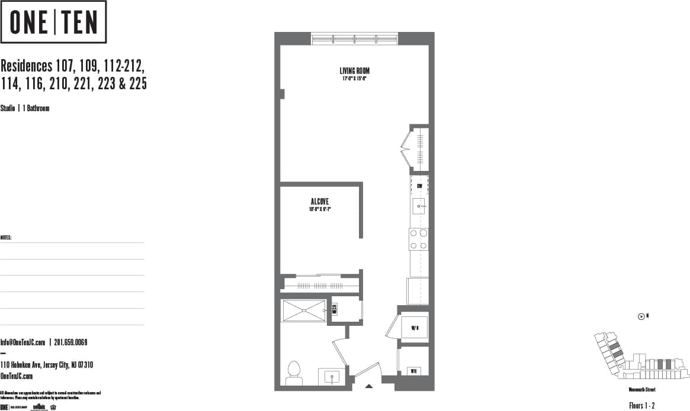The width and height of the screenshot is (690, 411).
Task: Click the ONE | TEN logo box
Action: click(x=53, y=22)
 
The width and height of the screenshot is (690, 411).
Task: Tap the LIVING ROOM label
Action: click(x=354, y=71)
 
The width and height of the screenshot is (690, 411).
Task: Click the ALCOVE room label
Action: click(x=319, y=202)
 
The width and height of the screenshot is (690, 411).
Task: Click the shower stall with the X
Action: click(x=304, y=310)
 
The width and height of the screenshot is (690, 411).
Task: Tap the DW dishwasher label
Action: click(x=419, y=186)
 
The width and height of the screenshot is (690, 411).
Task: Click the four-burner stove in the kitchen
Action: click(x=419, y=239)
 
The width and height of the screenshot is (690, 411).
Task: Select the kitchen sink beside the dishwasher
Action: click(x=419, y=206)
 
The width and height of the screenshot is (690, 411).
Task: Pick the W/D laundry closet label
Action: click(x=415, y=327)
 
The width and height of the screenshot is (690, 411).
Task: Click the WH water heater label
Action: click(x=414, y=371)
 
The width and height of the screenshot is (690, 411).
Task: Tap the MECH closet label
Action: click(x=334, y=309)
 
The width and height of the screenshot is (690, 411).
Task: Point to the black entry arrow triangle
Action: click(x=369, y=386)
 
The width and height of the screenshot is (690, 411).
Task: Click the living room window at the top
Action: click(x=354, y=39)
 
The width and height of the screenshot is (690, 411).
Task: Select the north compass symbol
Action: click(x=641, y=316)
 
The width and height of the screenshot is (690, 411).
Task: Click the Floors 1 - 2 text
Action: click(x=641, y=405)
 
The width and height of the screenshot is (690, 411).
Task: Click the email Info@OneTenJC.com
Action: click(x=23, y=342)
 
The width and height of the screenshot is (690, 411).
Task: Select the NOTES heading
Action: click(x=6, y=238)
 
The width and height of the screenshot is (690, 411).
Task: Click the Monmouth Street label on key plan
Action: click(x=642, y=390)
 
